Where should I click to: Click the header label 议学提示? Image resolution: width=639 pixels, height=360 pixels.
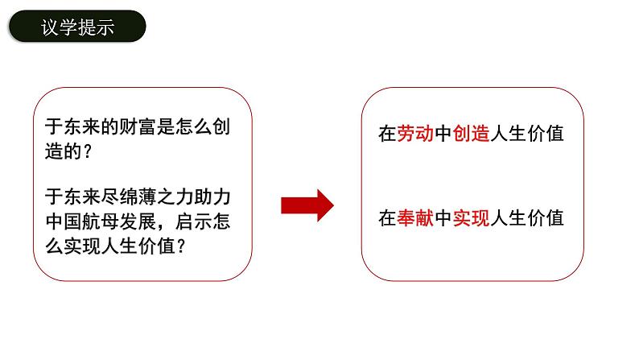77,29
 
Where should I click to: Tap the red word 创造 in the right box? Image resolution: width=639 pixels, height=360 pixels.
472,134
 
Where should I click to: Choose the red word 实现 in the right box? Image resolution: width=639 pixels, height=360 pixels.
472,218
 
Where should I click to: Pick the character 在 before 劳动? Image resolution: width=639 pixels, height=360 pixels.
387,134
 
